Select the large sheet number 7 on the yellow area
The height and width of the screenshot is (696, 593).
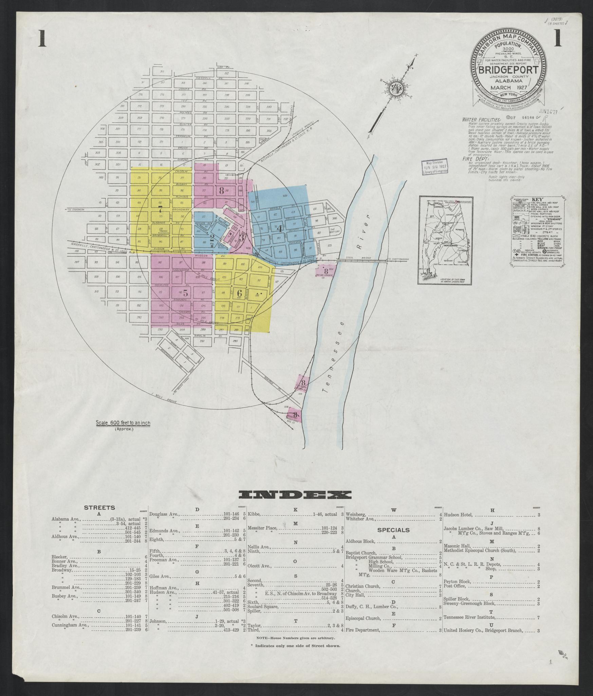click(x=160, y=209)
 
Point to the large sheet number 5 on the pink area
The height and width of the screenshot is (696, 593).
click(x=185, y=291)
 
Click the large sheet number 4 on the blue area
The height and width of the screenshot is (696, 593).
click(x=280, y=229)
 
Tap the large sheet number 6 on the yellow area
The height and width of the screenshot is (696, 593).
click(x=240, y=293)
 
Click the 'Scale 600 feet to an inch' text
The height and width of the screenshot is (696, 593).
click(x=123, y=423)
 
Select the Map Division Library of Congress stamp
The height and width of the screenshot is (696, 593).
click(x=434, y=167)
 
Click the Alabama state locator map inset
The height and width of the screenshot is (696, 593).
click(x=444, y=241)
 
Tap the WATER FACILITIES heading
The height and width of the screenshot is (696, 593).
click(x=481, y=120)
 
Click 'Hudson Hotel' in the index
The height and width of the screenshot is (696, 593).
click(x=458, y=515)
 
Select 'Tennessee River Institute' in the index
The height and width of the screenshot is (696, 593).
click(x=469, y=617)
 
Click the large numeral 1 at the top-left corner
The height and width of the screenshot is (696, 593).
click(x=42, y=38)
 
